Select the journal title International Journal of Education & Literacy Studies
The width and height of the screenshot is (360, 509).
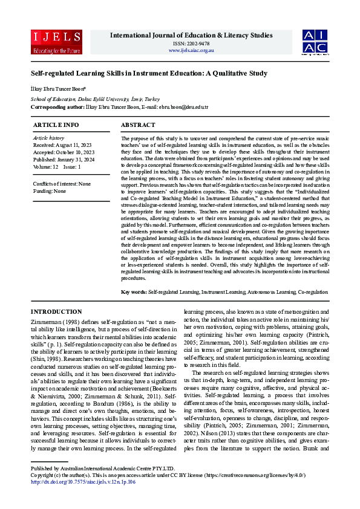click(x=191, y=35)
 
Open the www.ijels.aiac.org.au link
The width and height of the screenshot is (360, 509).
click(x=191, y=50)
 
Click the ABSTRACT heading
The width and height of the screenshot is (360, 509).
click(x=139, y=125)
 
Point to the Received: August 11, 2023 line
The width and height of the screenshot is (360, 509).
click(x=62, y=146)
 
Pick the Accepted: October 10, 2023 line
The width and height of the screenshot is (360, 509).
click(x=64, y=152)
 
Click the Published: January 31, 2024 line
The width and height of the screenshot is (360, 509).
click(x=64, y=159)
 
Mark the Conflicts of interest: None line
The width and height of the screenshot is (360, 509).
click(x=62, y=183)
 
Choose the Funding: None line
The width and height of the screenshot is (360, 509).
click(x=50, y=190)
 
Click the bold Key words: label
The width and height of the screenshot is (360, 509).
click(x=134, y=292)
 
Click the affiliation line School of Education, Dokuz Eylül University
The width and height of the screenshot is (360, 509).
click(x=95, y=99)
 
